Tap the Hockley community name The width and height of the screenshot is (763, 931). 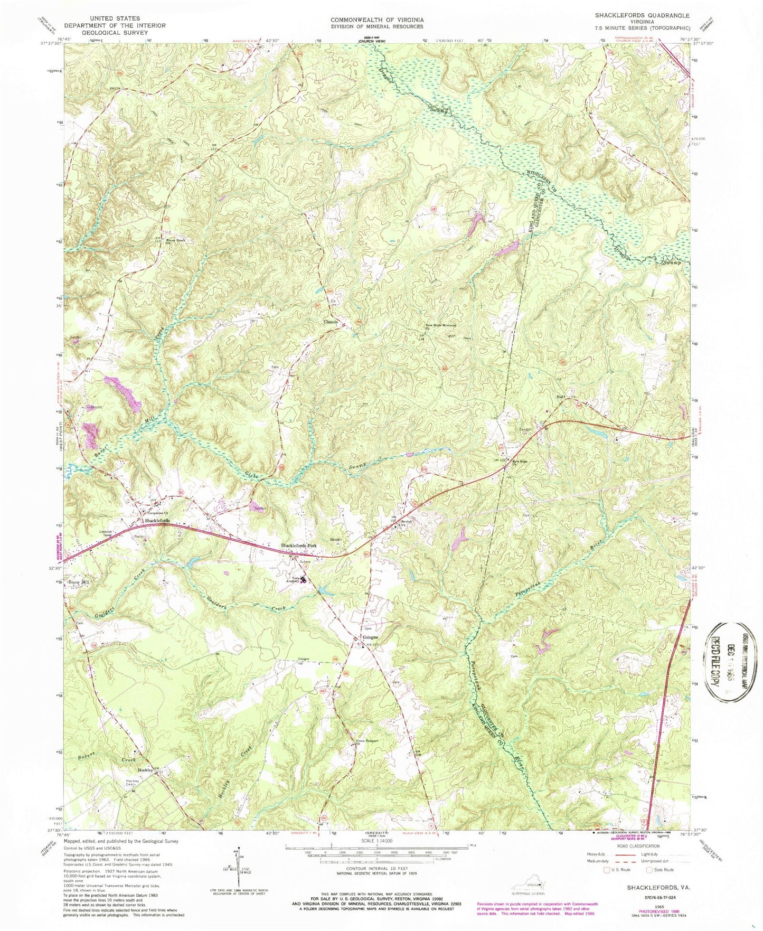pos(145,770)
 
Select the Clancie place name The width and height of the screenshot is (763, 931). pos(331,321)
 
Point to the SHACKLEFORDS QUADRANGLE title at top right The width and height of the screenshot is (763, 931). pos(647,15)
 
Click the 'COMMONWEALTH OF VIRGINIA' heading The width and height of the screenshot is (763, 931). pos(376,20)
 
